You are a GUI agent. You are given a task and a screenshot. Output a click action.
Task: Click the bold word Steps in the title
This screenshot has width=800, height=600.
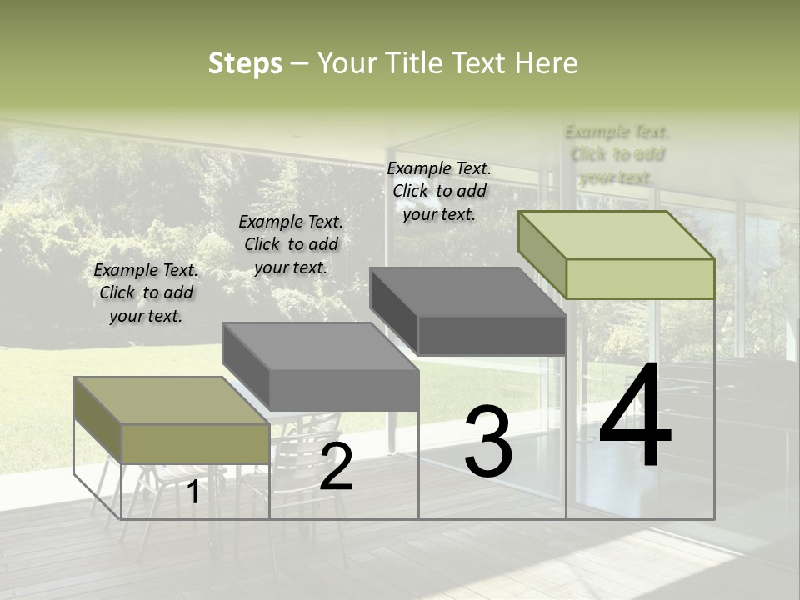[245, 63]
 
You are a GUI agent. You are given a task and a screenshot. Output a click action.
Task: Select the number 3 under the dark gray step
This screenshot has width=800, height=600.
[488, 442]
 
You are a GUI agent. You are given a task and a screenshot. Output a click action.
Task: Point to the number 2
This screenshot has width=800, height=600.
[336, 467]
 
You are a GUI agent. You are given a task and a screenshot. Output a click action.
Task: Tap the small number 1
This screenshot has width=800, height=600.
[193, 492]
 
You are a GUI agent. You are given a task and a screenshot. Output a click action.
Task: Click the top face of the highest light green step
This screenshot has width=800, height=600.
[617, 235]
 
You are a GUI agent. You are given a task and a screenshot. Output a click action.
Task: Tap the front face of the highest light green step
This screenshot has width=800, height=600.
[640, 278]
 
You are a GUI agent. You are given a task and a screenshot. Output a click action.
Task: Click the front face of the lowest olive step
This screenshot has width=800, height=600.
[195, 443]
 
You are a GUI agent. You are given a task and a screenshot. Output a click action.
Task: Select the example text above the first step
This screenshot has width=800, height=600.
[146, 292]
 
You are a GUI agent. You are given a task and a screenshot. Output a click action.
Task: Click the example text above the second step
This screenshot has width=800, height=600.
[291, 244]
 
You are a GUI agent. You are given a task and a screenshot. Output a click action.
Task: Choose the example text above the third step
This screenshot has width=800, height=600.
[439, 191]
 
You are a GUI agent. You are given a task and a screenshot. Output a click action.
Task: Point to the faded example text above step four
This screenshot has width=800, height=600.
[617, 154]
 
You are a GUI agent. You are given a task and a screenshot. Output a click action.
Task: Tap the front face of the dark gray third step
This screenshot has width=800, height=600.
[492, 336]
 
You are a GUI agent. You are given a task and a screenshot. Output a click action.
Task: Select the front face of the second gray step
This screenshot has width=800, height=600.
[343, 389]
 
